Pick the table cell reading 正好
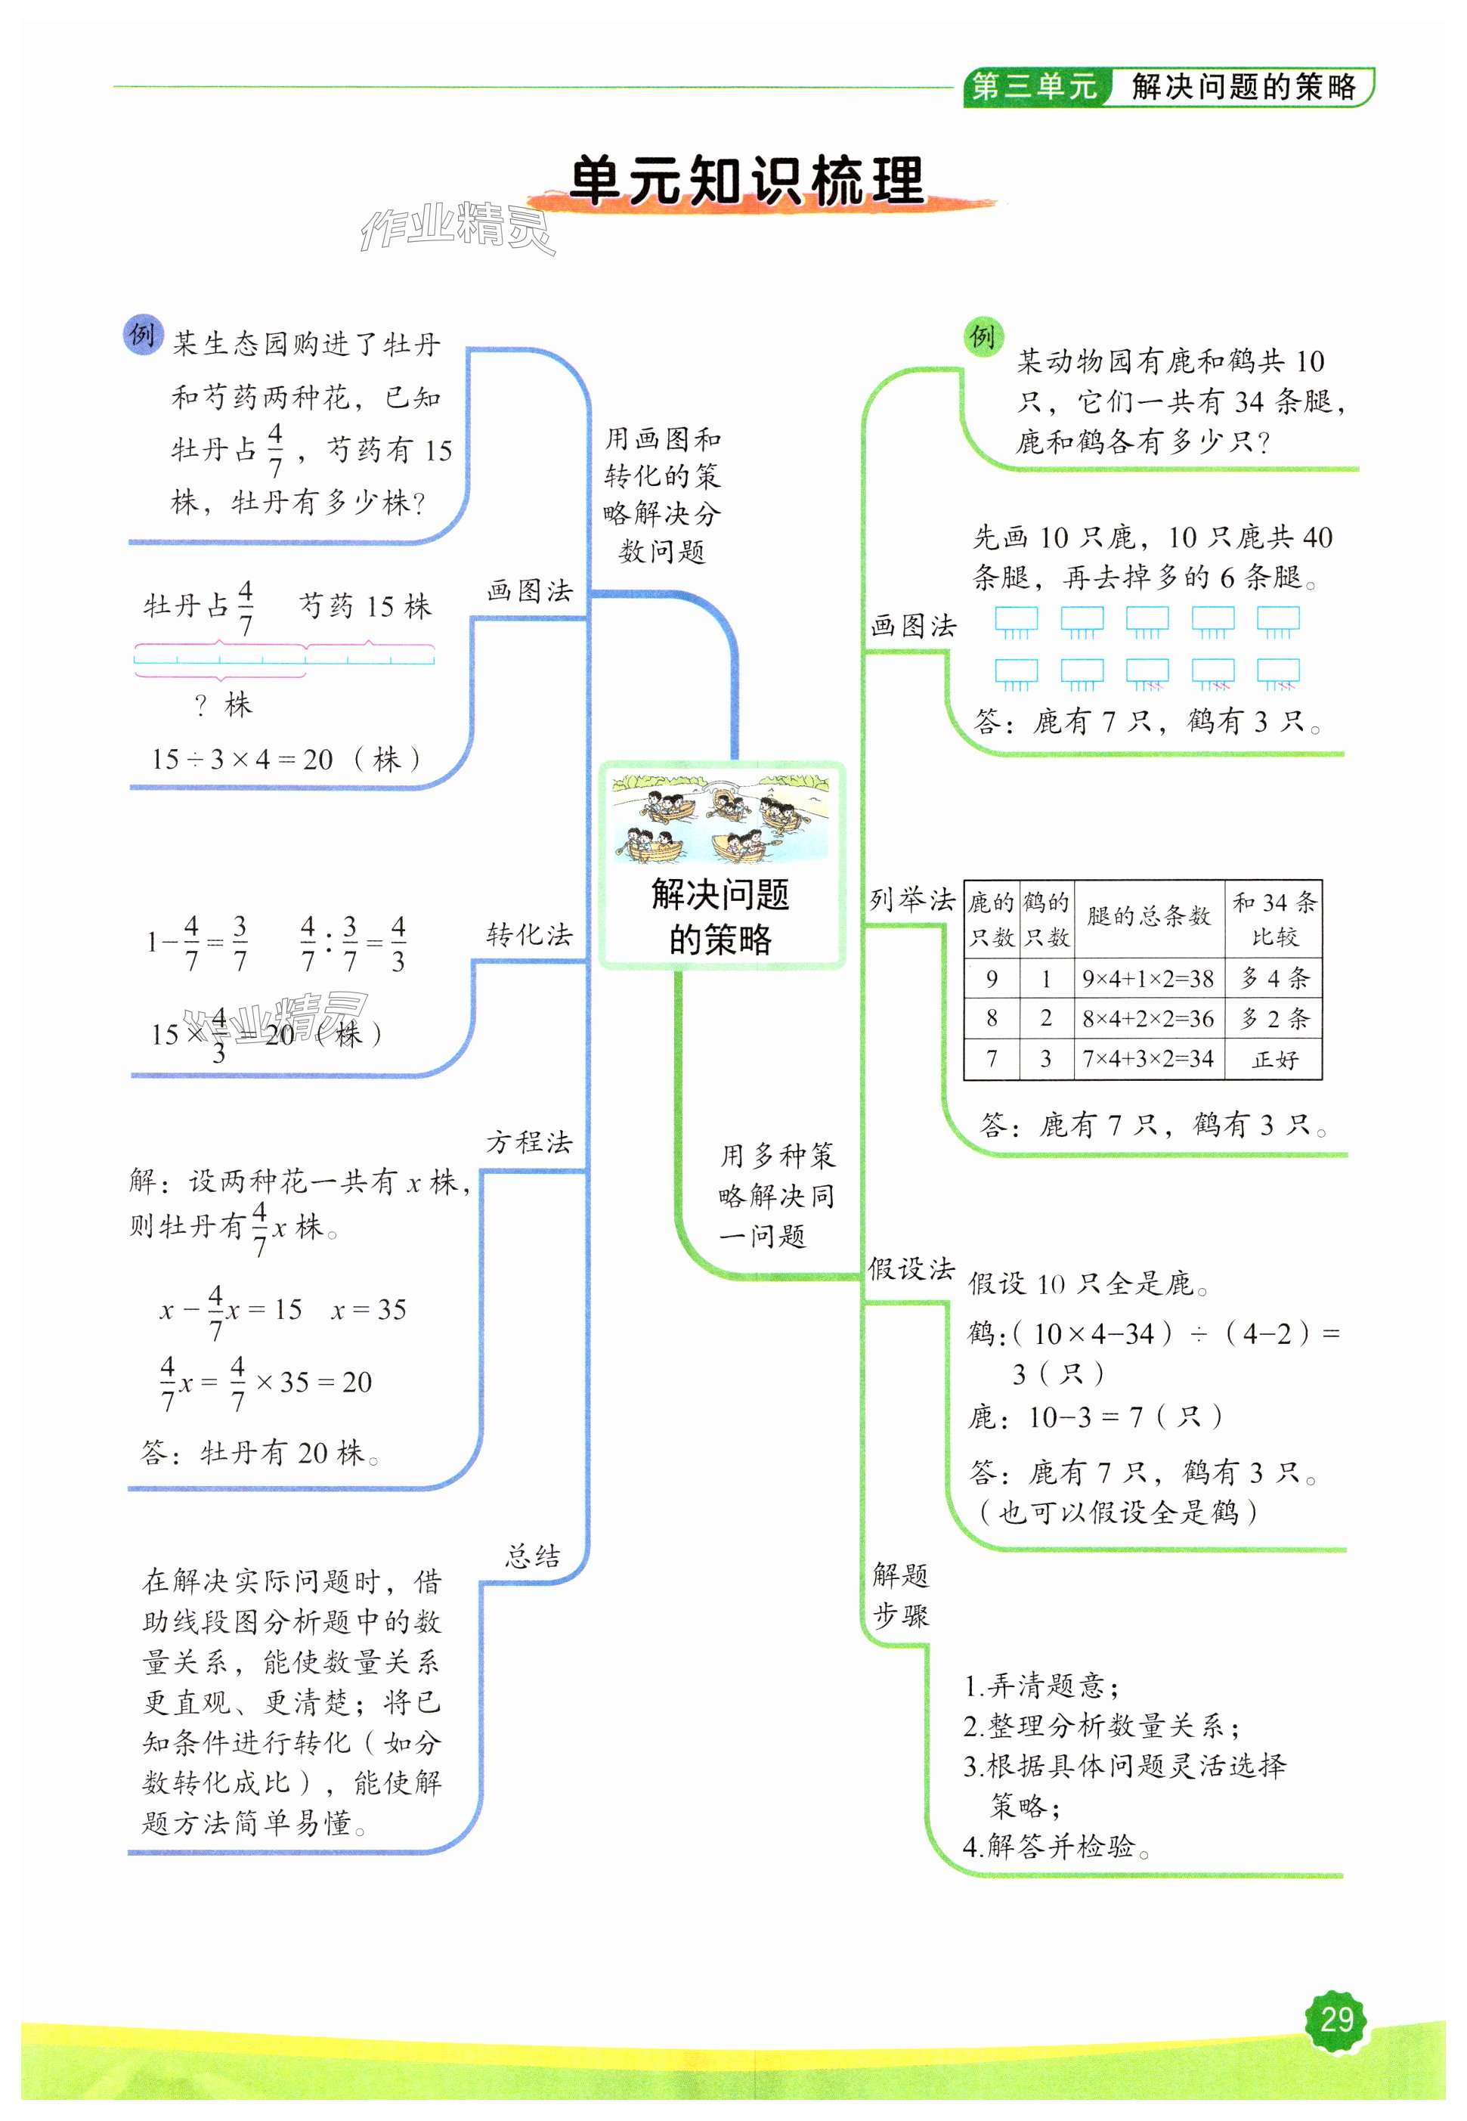coord(1275,1059)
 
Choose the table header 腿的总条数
coord(1148,915)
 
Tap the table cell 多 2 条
coord(1275,1019)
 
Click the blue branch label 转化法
coord(530,935)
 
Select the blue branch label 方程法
coord(530,1142)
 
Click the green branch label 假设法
coord(911,1270)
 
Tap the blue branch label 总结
coord(532,1556)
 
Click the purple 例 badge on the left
coord(141,335)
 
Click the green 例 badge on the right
coord(983,336)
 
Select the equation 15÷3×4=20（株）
coord(286,760)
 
